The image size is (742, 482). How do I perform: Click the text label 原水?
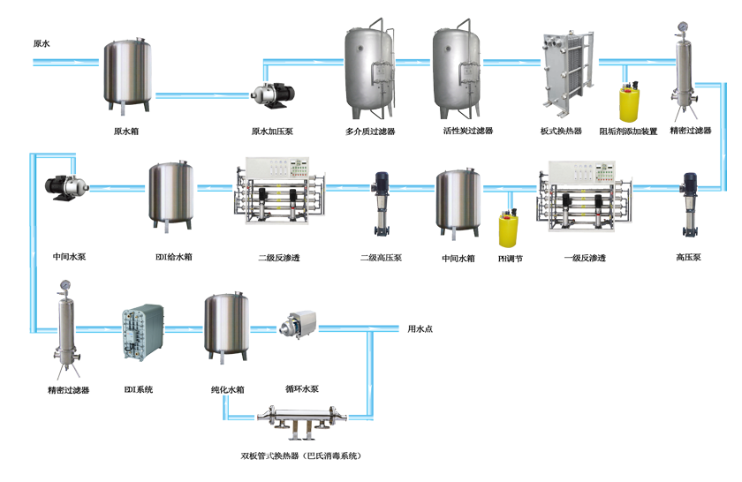[x=42, y=42]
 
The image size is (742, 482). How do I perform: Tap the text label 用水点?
[x=420, y=329]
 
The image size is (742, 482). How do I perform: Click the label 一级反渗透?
[x=584, y=259]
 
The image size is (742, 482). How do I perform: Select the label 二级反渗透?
[x=278, y=259]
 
